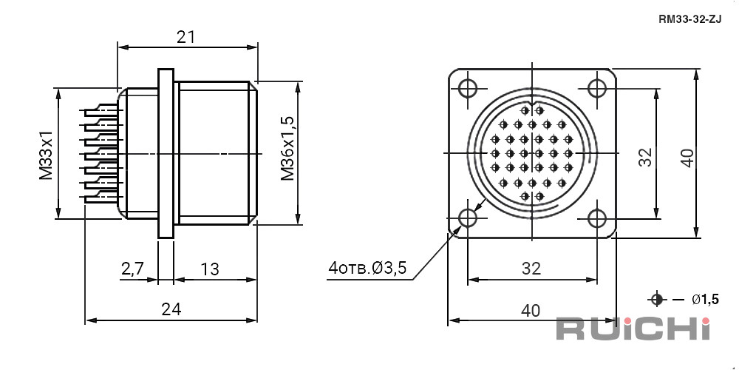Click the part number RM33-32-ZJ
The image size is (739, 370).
pos(690,20)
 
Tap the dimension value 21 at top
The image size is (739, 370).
pos(186,37)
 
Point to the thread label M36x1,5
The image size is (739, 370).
pos(287,149)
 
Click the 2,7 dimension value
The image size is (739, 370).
pos(132,269)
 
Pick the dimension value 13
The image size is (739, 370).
pos(210,269)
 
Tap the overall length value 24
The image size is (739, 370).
pos(171,309)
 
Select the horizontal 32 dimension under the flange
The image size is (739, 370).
pos(531,269)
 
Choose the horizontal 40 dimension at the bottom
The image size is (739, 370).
pos(531,310)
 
